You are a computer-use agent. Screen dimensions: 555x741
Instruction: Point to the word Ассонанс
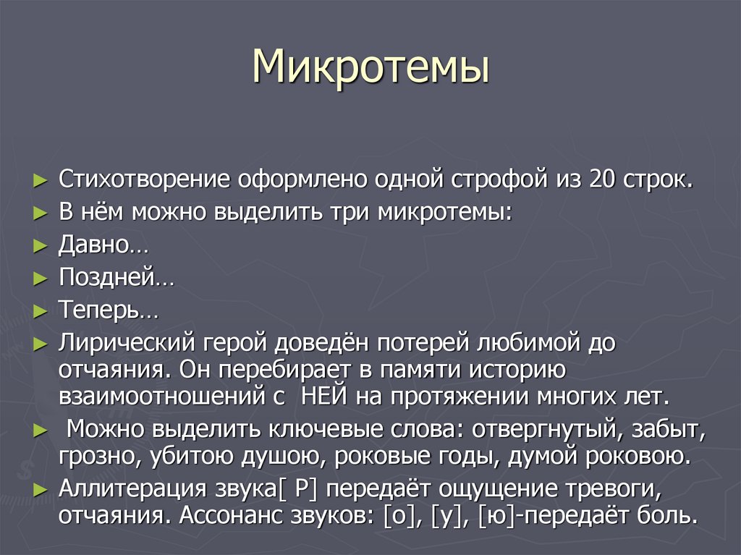[x=231, y=516]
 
